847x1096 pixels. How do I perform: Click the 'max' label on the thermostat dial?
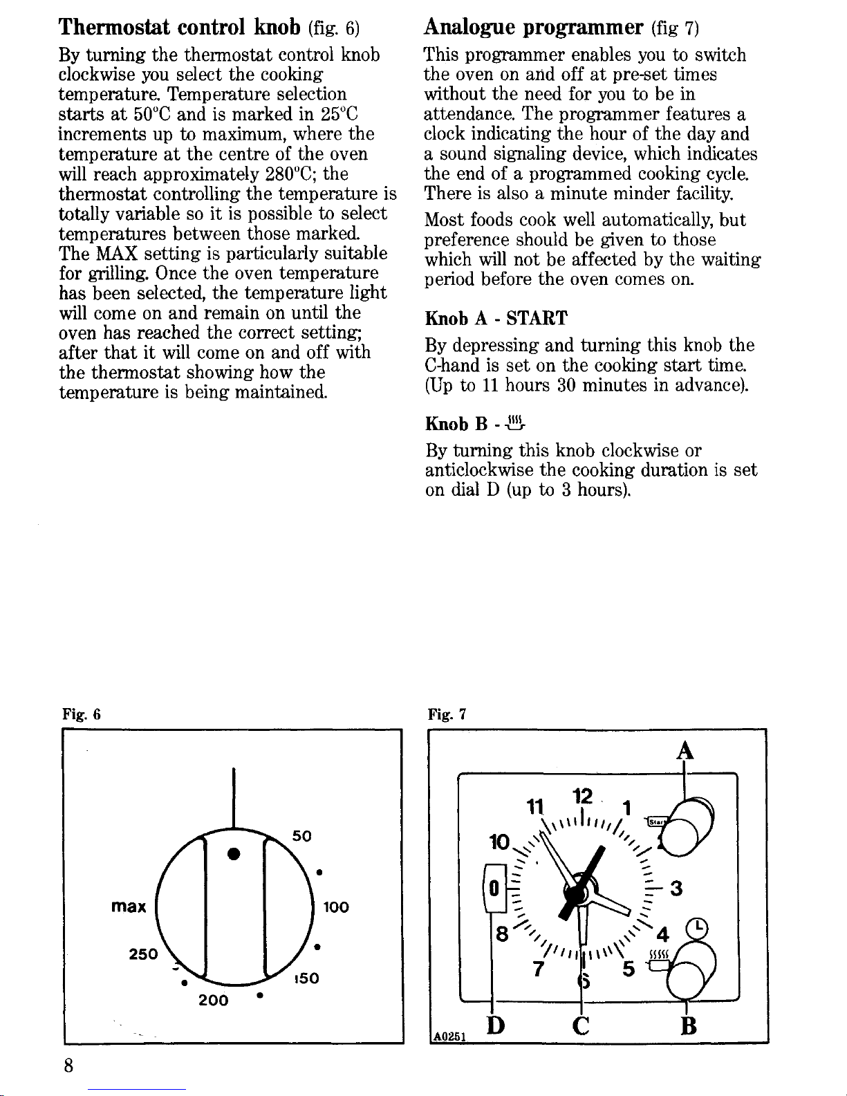129,906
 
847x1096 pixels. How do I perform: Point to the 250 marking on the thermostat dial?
145,954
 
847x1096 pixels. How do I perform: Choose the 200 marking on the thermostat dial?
214,1000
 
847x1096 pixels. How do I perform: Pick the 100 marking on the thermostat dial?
335,907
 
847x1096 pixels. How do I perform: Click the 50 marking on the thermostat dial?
302,836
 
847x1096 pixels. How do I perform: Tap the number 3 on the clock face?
676,889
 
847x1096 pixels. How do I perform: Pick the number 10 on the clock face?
499,844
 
